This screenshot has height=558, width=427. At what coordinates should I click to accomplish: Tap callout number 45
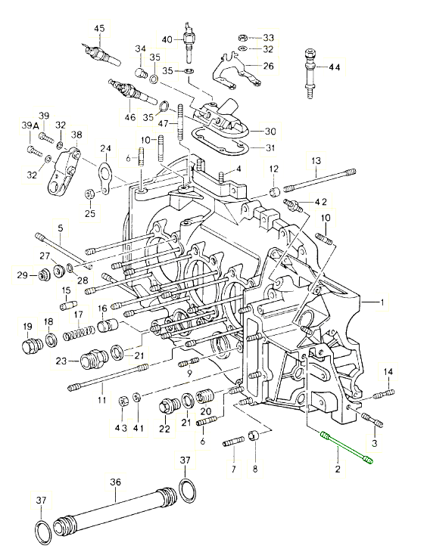click(x=100, y=29)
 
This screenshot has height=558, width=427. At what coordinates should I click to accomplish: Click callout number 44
click(x=335, y=67)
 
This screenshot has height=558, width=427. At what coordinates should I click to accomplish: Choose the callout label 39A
click(x=30, y=126)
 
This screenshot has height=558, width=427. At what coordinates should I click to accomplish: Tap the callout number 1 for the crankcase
click(x=382, y=302)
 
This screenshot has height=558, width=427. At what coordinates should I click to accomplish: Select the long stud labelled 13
click(x=319, y=181)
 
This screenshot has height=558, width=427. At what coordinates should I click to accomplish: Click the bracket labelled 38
click(x=64, y=169)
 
